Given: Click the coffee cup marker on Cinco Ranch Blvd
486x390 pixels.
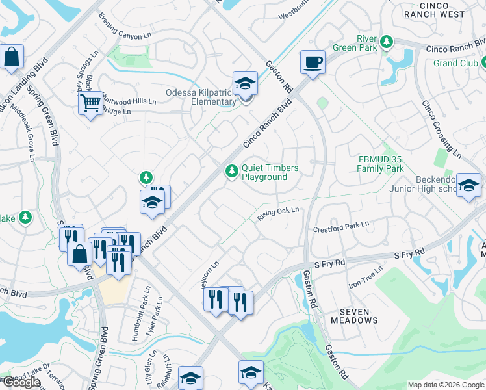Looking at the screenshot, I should [x=313, y=62].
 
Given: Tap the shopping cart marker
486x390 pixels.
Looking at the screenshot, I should [x=90, y=102].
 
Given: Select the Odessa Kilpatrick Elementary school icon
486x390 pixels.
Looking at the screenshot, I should [x=245, y=83].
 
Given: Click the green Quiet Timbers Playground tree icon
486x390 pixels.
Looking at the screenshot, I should [x=231, y=172].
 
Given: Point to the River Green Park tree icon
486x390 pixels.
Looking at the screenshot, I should [x=387, y=42].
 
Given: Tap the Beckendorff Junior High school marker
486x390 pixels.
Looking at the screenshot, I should [x=468, y=185].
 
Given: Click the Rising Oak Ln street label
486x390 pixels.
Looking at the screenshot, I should [x=277, y=213].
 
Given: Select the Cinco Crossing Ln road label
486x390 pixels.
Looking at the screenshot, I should [x=441, y=130].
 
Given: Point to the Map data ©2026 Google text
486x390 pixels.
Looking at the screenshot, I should [x=446, y=385].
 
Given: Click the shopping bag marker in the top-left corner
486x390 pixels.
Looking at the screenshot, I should [x=12, y=57].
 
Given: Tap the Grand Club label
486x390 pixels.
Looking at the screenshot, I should [x=455, y=63].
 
